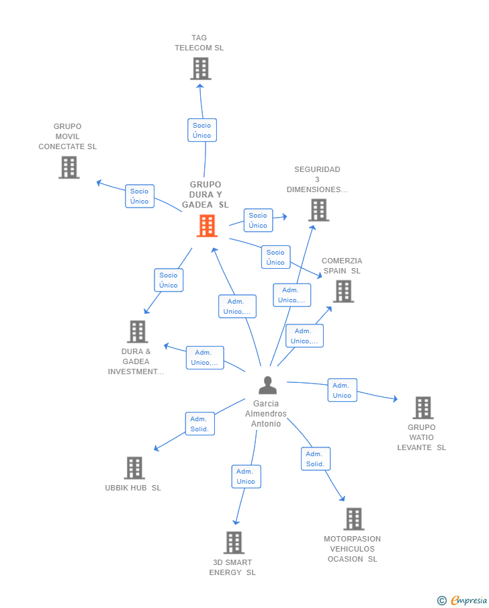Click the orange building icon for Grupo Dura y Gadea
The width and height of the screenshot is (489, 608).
click(x=207, y=226)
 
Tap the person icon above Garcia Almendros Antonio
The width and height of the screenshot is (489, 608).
click(x=267, y=385)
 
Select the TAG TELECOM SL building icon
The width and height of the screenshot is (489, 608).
click(x=200, y=69)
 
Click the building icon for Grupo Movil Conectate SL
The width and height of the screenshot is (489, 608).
click(x=69, y=167)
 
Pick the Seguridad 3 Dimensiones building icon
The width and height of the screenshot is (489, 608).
click(x=319, y=210)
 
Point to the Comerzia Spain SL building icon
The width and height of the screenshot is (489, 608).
click(x=344, y=291)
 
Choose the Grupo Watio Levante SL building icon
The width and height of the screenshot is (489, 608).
click(x=423, y=408)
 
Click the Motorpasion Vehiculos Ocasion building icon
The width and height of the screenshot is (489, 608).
click(x=354, y=519)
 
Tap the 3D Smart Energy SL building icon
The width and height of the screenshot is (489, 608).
click(x=234, y=542)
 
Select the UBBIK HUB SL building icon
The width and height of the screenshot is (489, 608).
click(x=134, y=468)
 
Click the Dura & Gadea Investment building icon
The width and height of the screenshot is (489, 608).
click(x=138, y=331)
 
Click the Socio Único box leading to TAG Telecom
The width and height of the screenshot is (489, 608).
click(x=202, y=130)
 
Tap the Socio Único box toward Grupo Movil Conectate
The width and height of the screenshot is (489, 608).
click(x=140, y=196)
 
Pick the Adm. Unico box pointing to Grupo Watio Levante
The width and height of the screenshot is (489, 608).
click(x=342, y=390)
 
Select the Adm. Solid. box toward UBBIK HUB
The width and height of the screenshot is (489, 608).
click(x=199, y=424)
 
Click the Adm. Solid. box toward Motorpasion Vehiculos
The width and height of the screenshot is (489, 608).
click(x=316, y=459)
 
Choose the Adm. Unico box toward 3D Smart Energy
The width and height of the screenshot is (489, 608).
click(x=247, y=476)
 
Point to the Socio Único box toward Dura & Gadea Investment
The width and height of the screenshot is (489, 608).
click(x=169, y=280)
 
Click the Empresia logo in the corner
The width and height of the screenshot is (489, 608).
click(x=462, y=600)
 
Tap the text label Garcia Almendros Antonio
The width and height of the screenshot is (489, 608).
click(x=266, y=414)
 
